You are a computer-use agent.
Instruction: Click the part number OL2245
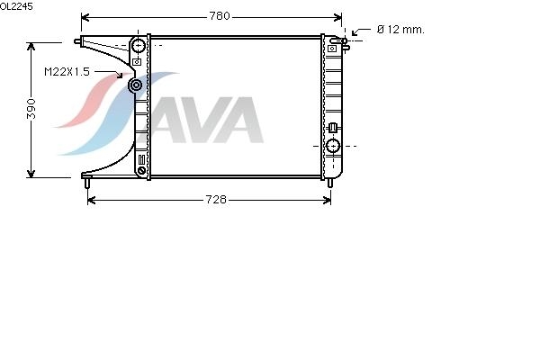click(x=16, y=6)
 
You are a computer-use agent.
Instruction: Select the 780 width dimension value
click(x=220, y=16)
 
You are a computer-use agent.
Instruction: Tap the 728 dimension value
click(x=216, y=200)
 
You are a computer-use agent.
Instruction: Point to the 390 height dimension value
click(x=31, y=109)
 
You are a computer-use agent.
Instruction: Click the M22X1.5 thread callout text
click(x=67, y=72)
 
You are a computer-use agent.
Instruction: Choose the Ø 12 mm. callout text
click(x=400, y=30)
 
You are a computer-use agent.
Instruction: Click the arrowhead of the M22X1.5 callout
click(x=120, y=75)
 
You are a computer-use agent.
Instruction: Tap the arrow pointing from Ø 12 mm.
click(x=360, y=31)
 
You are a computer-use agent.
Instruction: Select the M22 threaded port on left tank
click(x=136, y=85)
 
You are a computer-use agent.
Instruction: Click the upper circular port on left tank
click(x=138, y=45)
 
